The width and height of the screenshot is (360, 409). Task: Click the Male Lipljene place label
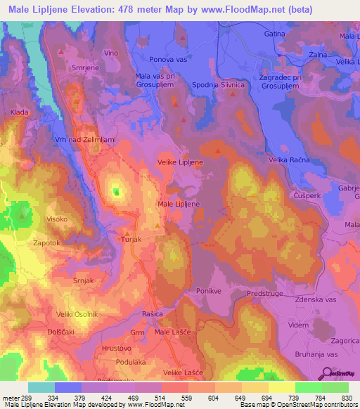click(x=179, y=204)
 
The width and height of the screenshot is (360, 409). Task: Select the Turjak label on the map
click(x=131, y=240)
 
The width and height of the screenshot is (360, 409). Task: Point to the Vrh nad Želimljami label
click(x=82, y=140)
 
